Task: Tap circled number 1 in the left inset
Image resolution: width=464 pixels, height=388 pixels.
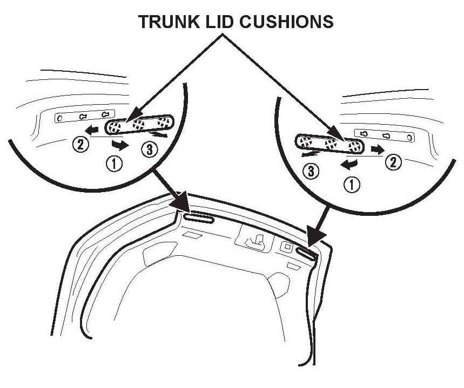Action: (x=116, y=163)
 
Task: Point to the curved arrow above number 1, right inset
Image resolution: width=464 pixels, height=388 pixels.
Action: (x=349, y=164)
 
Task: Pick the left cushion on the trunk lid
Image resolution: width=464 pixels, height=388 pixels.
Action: (x=198, y=218)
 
